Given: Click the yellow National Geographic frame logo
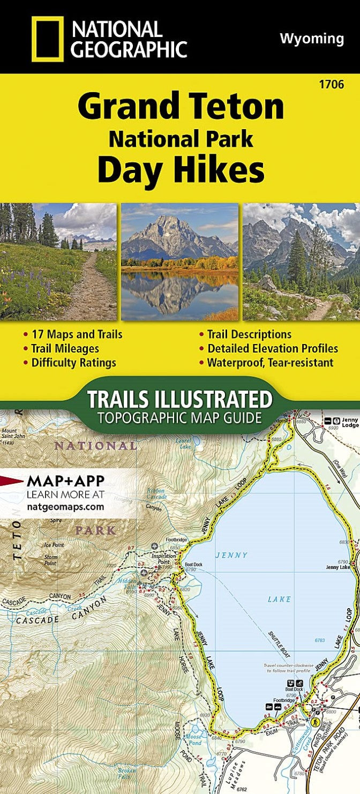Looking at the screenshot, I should tap(47, 38).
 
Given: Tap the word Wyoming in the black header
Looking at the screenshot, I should tap(312, 39).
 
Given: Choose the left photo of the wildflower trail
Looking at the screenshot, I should tap(58, 261).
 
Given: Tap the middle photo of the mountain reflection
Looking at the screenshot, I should tap(179, 261).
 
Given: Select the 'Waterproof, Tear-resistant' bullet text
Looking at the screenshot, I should tap(270, 363).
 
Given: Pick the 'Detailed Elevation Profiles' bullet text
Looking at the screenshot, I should tap(273, 349).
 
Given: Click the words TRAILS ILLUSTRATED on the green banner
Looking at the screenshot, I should tap(179, 400).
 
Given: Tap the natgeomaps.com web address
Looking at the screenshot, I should tap(65, 505).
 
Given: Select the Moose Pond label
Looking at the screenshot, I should tap(193, 739).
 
